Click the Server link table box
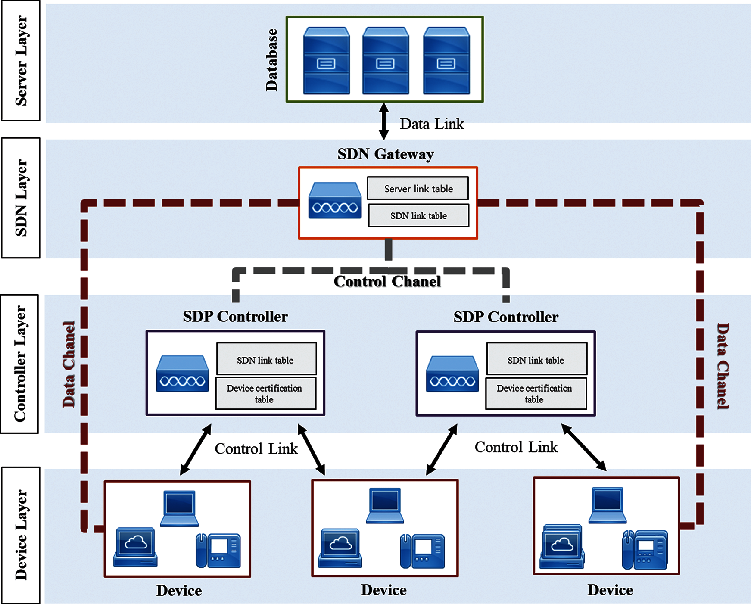(x=418, y=188)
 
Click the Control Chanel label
(x=387, y=282)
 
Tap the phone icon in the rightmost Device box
(x=645, y=550)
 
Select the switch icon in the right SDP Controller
(x=452, y=374)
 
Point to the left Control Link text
(x=256, y=449)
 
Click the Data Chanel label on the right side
(x=722, y=366)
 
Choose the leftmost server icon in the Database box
(x=326, y=61)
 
